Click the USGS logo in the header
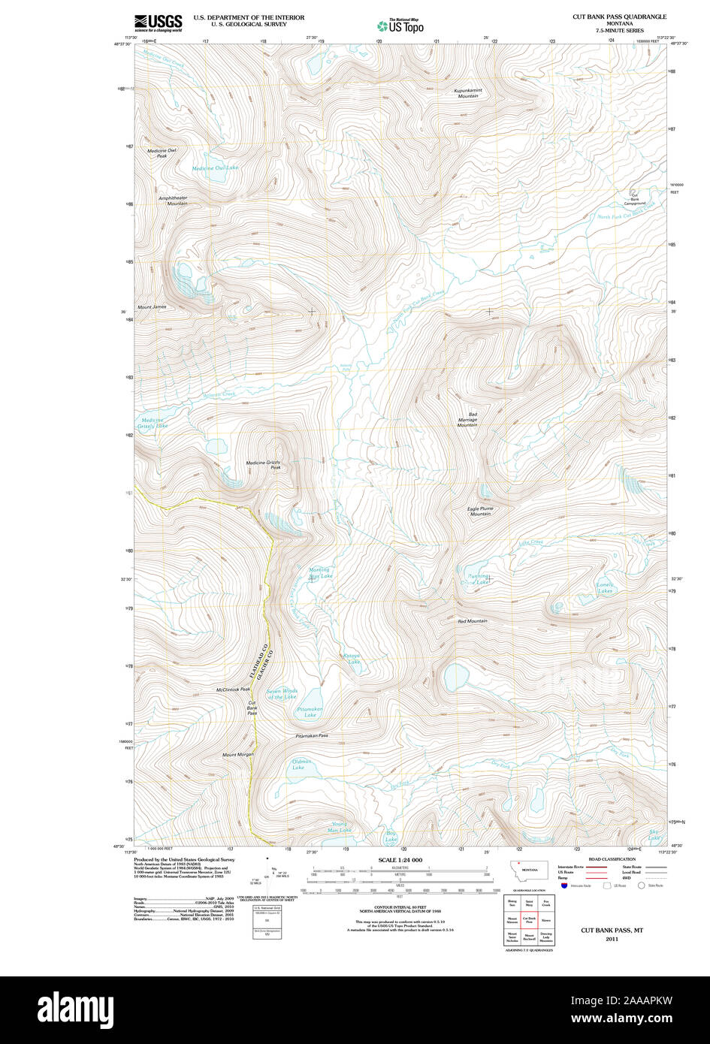point(158,23)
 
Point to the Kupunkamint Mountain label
point(467,93)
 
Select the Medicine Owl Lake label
point(215,167)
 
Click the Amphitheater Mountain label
point(173,201)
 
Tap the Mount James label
point(152,306)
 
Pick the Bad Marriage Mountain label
point(467,420)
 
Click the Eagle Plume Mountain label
point(480,511)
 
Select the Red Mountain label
point(473,621)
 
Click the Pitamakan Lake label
point(310,712)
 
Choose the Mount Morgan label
point(237,754)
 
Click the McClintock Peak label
point(233,689)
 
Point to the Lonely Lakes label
point(605,587)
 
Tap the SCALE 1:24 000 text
point(400,860)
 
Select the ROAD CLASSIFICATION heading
point(612,859)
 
